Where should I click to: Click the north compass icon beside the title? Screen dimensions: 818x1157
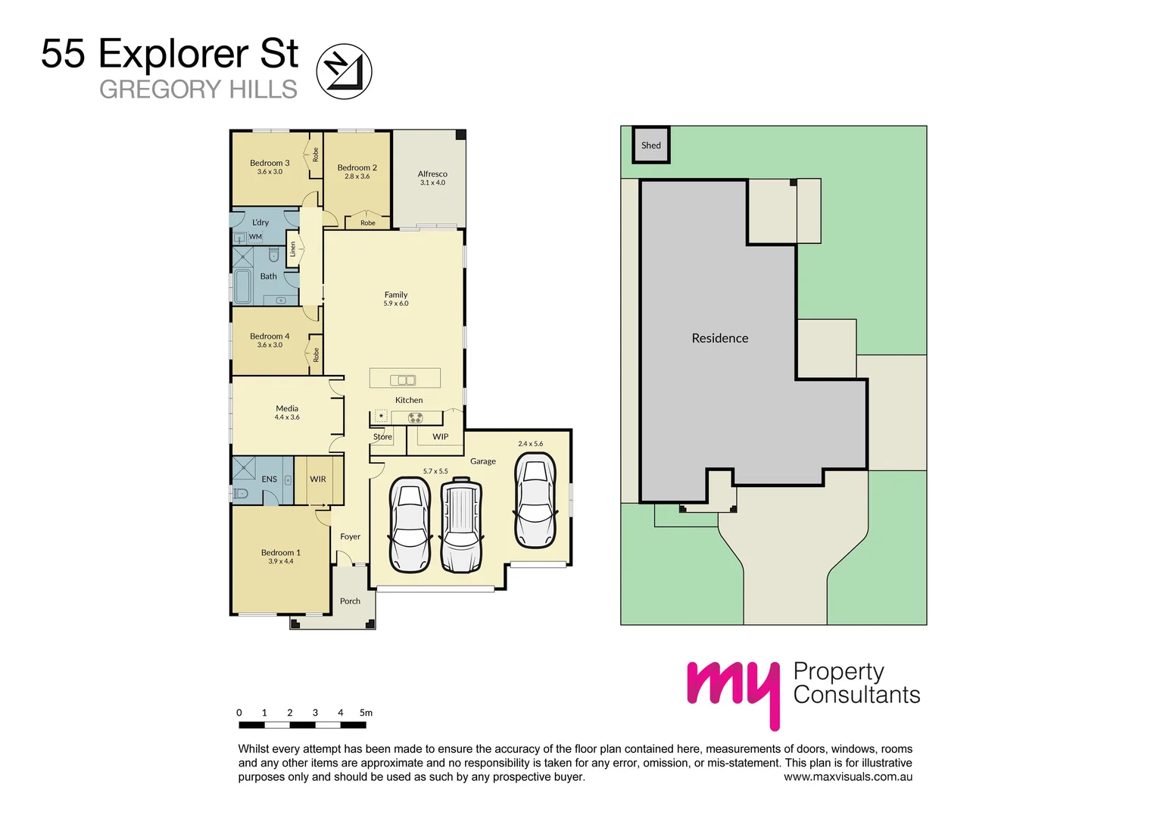344,71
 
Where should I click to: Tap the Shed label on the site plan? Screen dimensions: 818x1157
651,145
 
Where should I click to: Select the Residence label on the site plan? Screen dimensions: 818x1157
719,339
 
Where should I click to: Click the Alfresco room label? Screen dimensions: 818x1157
432,174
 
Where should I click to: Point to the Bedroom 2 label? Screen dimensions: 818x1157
357,167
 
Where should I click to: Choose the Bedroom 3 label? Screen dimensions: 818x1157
270,163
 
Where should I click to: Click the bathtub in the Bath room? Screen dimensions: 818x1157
243,286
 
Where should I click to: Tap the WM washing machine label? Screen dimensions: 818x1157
255,237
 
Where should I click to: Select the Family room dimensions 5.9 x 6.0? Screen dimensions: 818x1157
396,304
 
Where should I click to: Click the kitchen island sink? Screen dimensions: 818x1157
403,380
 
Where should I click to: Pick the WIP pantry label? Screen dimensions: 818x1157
440,437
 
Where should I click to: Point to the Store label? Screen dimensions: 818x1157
382,437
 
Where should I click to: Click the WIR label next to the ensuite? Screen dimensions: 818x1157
318,479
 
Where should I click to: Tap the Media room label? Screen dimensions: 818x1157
287,409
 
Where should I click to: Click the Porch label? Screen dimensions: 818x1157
350,601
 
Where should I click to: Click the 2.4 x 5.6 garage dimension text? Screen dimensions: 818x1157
530,444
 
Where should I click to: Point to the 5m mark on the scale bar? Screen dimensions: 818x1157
366,713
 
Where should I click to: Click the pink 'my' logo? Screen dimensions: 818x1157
733,690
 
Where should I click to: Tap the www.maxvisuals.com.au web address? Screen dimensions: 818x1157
847,777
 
